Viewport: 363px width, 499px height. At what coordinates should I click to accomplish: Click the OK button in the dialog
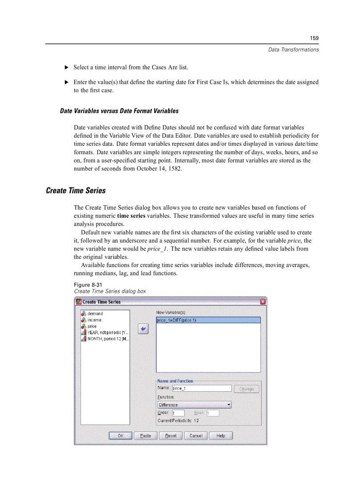120,436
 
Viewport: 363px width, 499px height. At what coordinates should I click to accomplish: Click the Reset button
171,436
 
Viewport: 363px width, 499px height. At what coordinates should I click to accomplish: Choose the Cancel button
196,436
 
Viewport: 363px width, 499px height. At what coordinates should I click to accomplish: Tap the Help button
221,436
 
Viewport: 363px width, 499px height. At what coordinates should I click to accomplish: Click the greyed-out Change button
246,389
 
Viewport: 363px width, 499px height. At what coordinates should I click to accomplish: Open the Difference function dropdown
194,405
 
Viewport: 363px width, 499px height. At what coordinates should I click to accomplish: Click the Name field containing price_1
202,388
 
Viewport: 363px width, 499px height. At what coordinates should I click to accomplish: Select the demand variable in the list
95,314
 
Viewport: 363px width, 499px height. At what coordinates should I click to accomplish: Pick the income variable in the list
94,320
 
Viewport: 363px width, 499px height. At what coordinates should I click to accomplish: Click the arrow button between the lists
143,329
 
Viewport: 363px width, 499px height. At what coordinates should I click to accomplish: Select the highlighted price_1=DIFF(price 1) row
208,320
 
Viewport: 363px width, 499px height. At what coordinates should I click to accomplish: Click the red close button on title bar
262,302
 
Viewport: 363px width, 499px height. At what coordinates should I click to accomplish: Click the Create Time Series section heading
76,191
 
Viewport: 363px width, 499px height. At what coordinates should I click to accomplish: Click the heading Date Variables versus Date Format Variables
119,111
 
